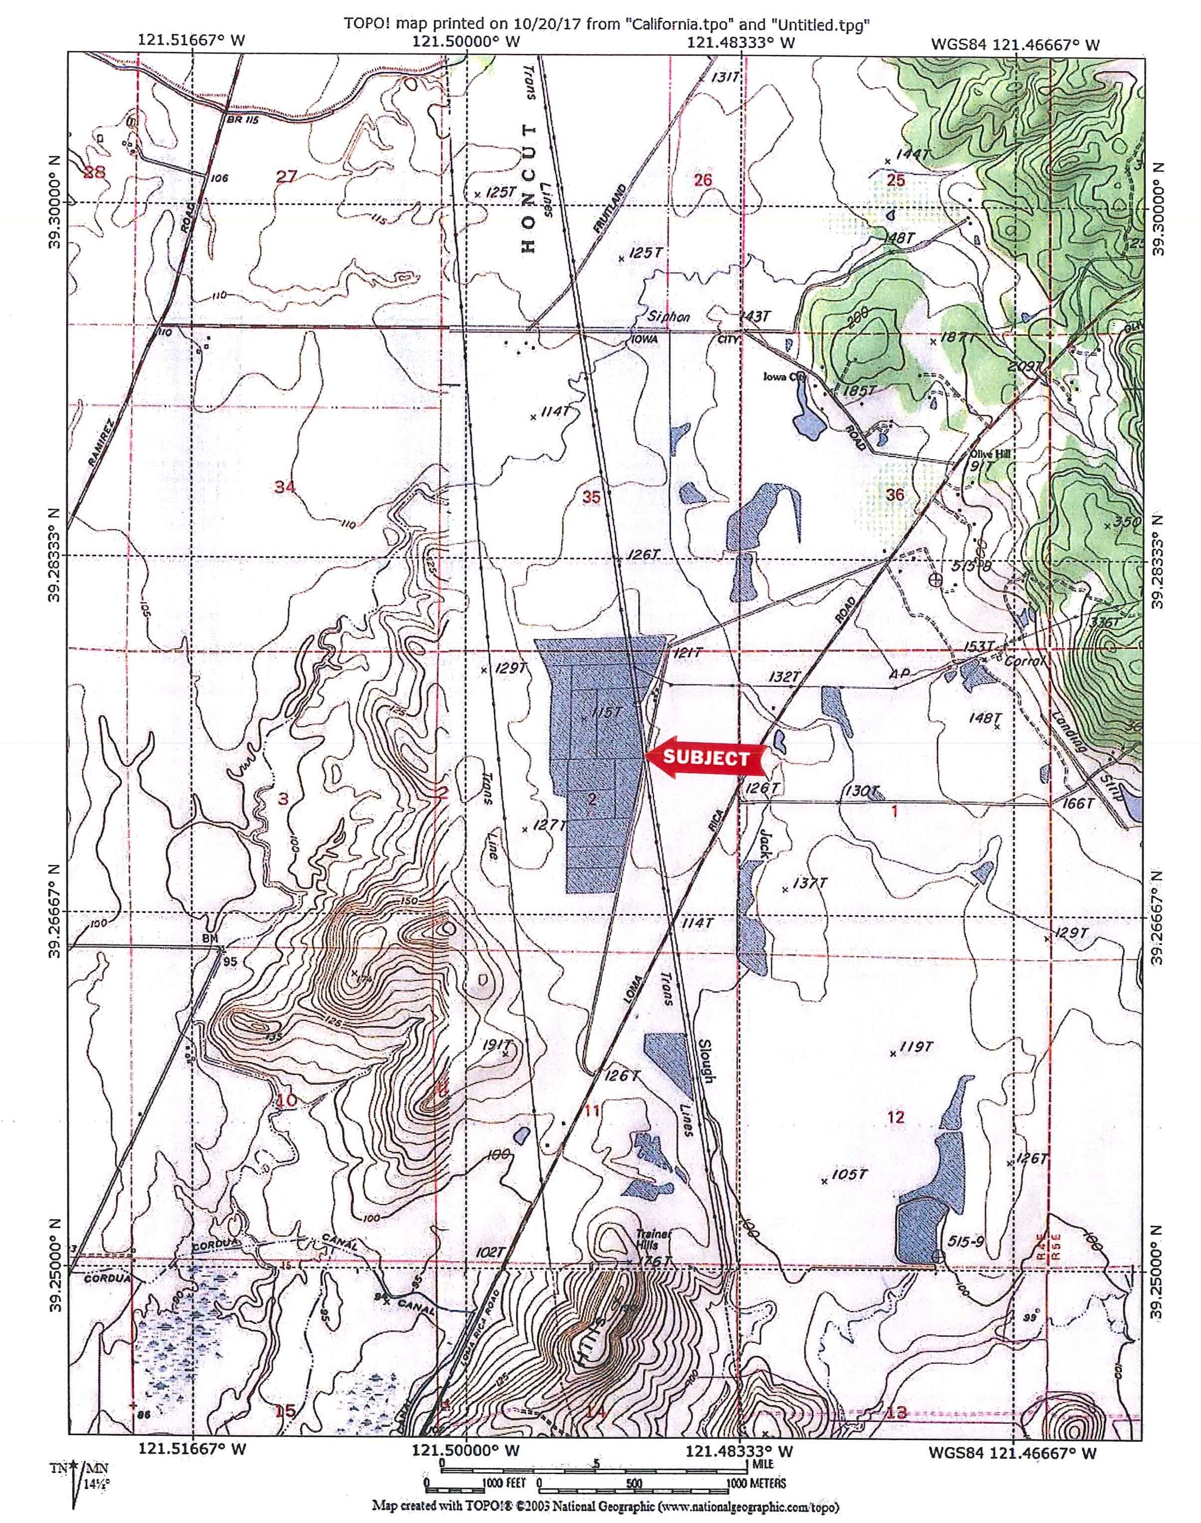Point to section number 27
pos(286,177)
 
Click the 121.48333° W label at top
pos(741,42)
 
